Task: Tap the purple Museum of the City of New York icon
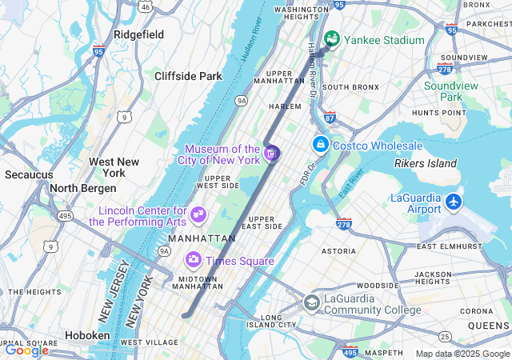pos(271,153)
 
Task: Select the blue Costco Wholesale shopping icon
pos(320,145)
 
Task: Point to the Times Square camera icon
pos(193,259)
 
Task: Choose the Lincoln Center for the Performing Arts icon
pos(198,214)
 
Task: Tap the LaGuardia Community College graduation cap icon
pos(312,302)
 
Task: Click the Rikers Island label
pos(425,164)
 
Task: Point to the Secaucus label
pos(29,174)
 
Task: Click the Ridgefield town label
pos(138,34)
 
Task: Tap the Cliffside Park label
pos(188,76)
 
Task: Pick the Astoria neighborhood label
pos(339,250)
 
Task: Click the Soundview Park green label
pos(454,91)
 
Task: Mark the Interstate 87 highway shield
pos(330,118)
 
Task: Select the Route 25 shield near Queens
pos(444,335)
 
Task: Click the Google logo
pos(26,350)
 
